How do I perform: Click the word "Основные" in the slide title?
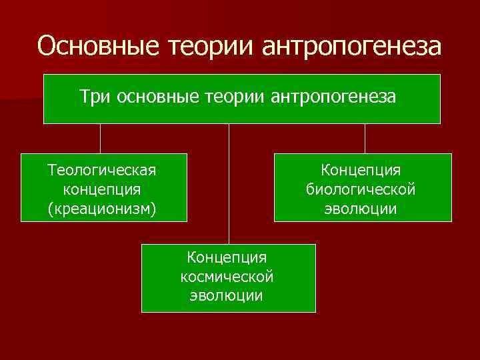92,46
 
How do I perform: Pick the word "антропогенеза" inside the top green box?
333,97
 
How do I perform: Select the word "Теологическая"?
102,170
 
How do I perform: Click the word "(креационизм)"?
102,209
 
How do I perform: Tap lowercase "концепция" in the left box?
102,189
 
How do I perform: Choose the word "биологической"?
361,189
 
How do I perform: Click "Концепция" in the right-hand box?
361,170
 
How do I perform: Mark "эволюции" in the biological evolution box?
361,209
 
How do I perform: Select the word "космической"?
227,276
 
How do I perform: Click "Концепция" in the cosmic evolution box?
227,257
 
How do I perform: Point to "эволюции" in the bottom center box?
227,295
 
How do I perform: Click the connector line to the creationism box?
101,139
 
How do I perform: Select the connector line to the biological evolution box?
365,139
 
